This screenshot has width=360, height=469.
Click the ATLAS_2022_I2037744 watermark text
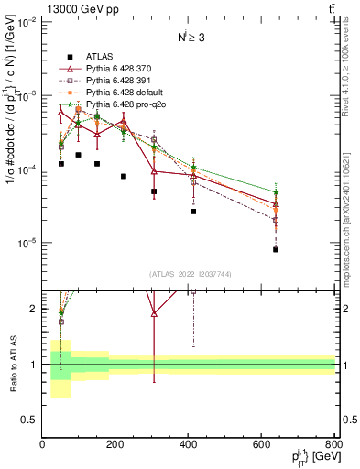189,274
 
